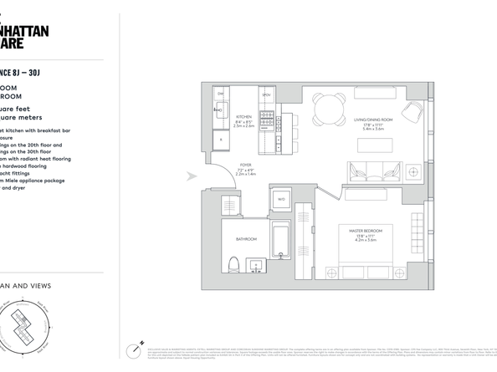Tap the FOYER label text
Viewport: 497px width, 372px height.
(x=244, y=166)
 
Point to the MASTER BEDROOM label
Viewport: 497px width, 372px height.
(x=361, y=227)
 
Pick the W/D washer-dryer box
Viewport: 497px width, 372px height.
(x=281, y=199)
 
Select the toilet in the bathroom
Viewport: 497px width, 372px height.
(x=233, y=267)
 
